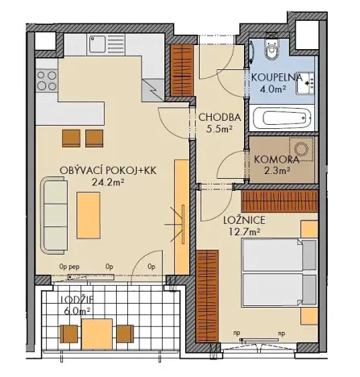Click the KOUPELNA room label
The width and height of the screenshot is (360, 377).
(276, 77)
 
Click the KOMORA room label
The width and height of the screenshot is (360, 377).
(277, 159)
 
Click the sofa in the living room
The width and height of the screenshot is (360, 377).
(56, 205)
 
